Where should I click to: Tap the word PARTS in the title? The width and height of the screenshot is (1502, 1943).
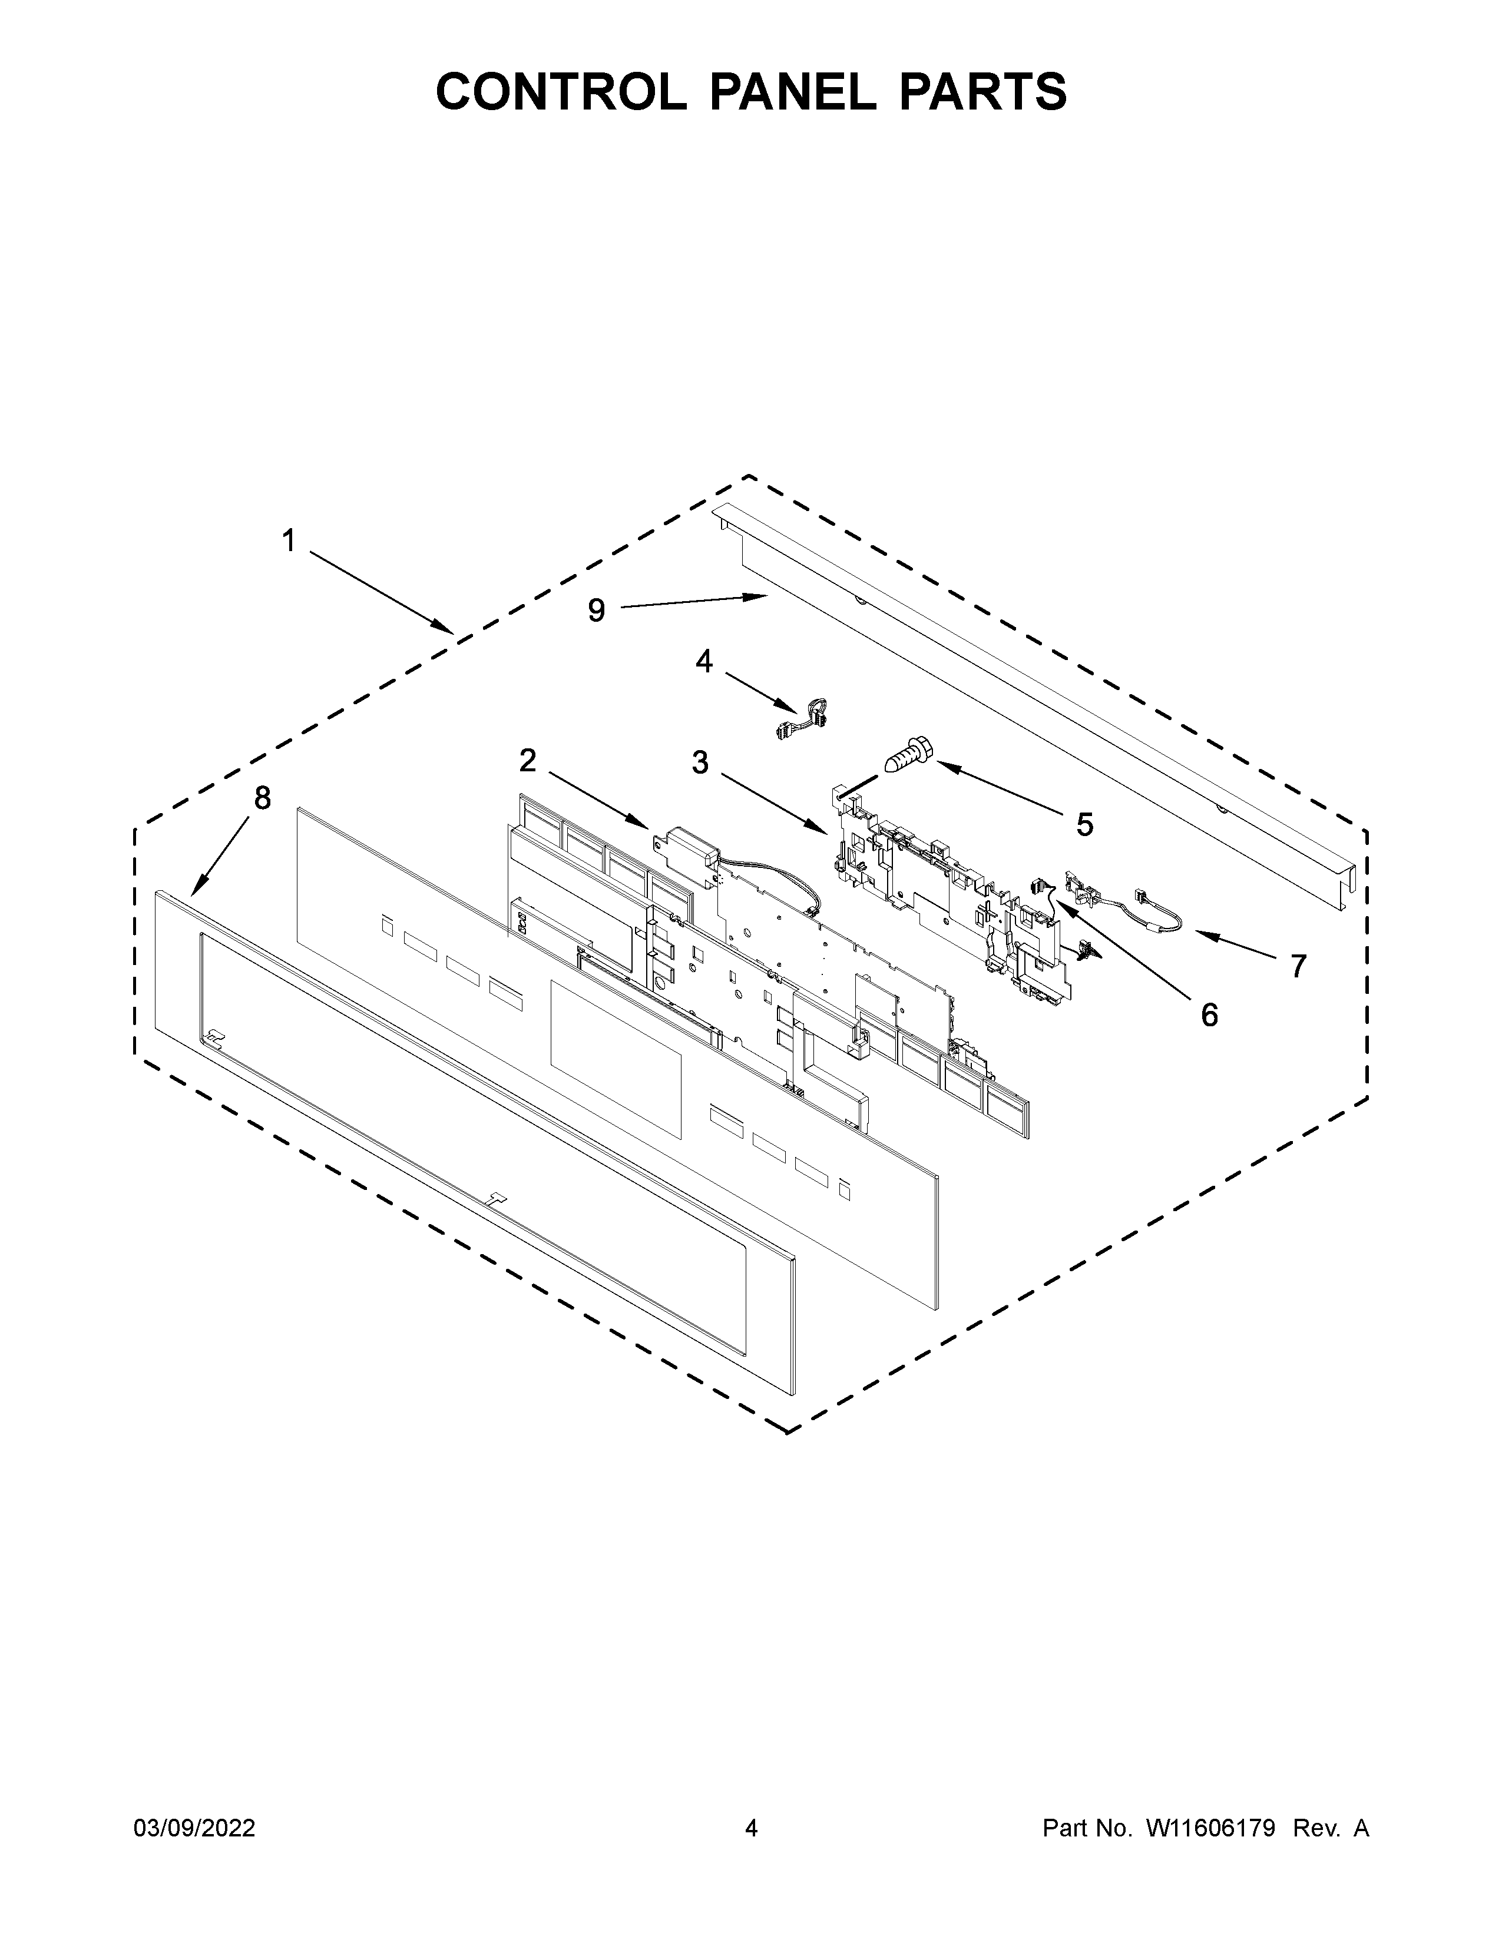pos(982,92)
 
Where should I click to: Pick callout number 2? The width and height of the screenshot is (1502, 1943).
pos(528,761)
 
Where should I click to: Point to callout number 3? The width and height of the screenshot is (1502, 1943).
pos(700,762)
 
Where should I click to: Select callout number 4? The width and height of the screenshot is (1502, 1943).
pos(704,661)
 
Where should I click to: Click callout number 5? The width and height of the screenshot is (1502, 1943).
pos(1084,825)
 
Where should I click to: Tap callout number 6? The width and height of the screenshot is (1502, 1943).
pos(1208,1014)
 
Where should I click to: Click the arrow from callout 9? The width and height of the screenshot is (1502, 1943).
pos(694,602)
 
